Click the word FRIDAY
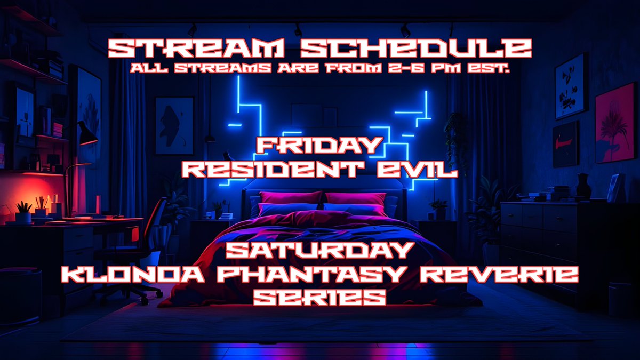(x=319, y=145)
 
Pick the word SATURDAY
(x=319, y=250)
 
